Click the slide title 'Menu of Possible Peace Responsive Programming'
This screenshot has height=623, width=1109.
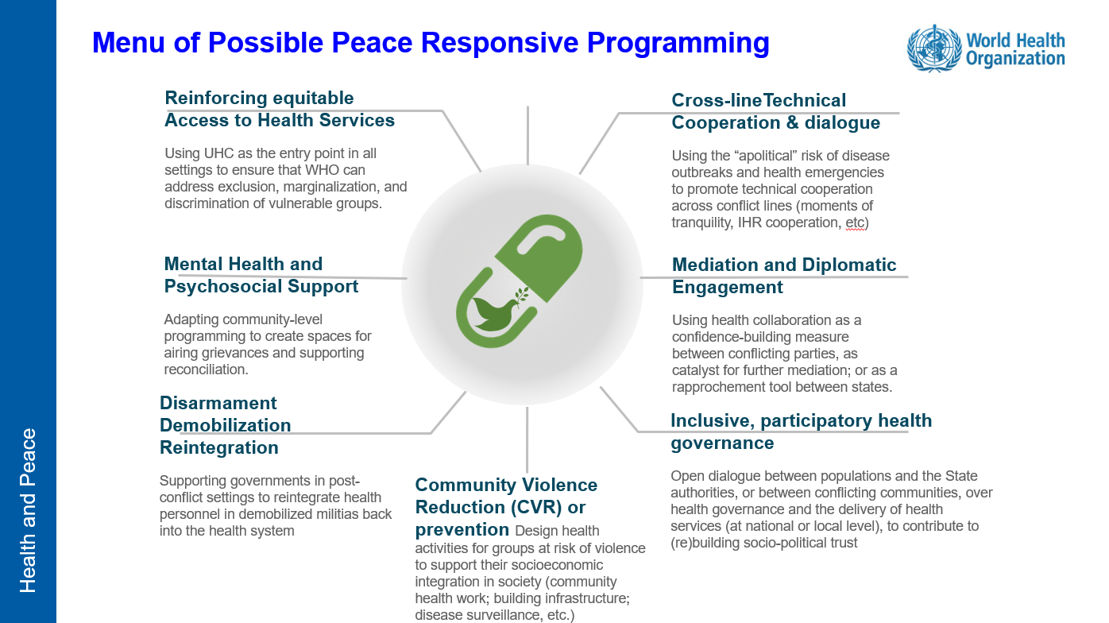pyautogui.click(x=431, y=42)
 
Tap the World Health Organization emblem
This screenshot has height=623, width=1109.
pyautogui.click(x=933, y=48)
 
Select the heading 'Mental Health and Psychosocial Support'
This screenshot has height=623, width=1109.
pyautogui.click(x=261, y=275)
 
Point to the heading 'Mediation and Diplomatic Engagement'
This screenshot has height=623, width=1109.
pyautogui.click(x=783, y=276)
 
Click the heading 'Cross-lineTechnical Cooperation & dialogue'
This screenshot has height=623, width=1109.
pyautogui.click(x=775, y=111)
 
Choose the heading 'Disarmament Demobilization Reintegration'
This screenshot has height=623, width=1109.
pyautogui.click(x=225, y=425)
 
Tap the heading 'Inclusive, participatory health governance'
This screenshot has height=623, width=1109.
pyautogui.click(x=801, y=431)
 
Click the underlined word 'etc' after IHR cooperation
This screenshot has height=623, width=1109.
pyautogui.click(x=855, y=222)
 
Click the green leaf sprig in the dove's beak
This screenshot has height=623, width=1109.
pyautogui.click(x=521, y=296)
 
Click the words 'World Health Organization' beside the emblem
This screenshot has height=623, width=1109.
pyautogui.click(x=1014, y=49)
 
